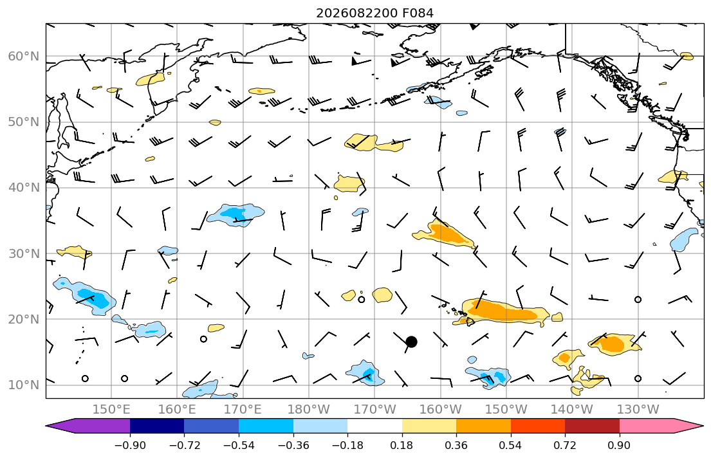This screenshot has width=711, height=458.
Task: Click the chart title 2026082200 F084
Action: coord(374,13)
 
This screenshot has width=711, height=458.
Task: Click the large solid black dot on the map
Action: coord(411,342)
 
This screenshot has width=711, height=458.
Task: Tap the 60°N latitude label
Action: coord(24,56)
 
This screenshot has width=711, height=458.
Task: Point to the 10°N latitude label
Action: coord(24,385)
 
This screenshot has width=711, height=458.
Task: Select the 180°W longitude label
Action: coord(309,410)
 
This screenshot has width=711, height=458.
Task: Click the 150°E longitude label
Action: coord(111,410)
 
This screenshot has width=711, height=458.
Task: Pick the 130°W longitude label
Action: coord(638,410)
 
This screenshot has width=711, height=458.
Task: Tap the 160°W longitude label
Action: coord(440,410)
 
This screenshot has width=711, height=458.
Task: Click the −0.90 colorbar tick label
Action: coord(130,445)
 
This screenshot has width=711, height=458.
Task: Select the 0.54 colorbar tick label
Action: coord(511,445)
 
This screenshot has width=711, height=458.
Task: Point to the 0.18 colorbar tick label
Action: coord(402,445)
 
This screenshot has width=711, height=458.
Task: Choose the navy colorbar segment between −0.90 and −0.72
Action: coord(157,426)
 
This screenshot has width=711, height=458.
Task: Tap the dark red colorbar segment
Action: coord(592,426)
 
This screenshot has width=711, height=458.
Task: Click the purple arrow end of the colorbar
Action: coord(88,426)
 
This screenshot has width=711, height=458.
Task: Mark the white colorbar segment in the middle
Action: coord(374,426)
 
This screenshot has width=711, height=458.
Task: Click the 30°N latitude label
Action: coord(24,253)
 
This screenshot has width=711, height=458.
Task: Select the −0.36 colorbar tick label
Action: coord(293,445)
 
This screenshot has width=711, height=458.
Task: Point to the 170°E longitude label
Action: coord(243,410)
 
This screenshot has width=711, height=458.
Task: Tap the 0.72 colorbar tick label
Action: coord(565,445)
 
